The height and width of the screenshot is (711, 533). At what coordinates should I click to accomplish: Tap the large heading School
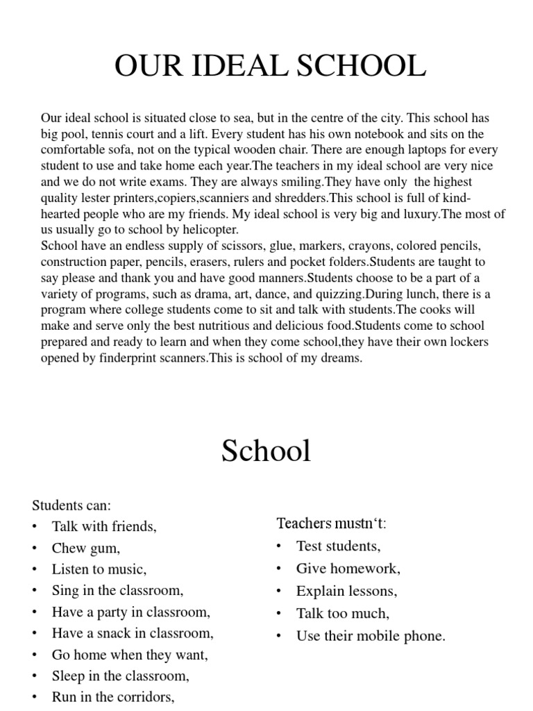pyautogui.click(x=266, y=451)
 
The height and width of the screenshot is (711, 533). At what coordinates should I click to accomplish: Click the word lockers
pyautogui.click(x=470, y=342)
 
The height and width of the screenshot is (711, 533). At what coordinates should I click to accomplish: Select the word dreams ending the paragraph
pyautogui.click(x=341, y=358)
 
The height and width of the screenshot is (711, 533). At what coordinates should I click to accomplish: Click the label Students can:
pyautogui.click(x=71, y=505)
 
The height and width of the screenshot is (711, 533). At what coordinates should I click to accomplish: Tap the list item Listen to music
pyautogui.click(x=99, y=569)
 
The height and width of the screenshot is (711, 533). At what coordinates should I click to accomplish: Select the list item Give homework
pyautogui.click(x=348, y=569)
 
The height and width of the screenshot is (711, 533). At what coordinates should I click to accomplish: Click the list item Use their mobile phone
pyautogui.click(x=371, y=635)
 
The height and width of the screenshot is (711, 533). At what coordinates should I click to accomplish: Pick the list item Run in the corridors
pyautogui.click(x=112, y=696)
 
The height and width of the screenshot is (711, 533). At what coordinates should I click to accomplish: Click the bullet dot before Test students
pyautogui.click(x=279, y=546)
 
